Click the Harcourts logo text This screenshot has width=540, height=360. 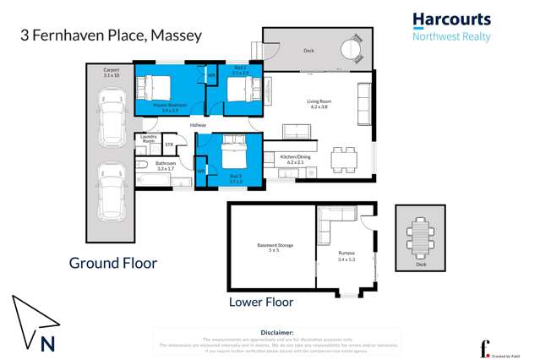(x=451, y=19)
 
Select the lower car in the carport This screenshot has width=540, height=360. (x=112, y=191)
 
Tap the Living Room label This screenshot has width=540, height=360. (x=318, y=104)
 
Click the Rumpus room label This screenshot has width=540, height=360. (x=346, y=255)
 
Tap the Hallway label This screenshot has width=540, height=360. (x=198, y=125)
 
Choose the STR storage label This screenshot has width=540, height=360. (x=168, y=144)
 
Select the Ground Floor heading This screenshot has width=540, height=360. (x=112, y=263)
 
